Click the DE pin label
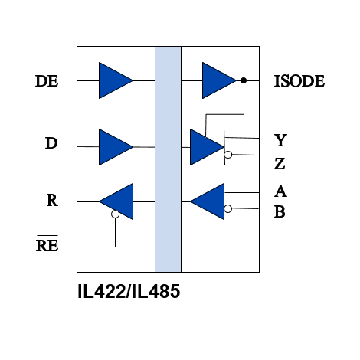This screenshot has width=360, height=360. click(47, 81)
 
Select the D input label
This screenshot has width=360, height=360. click(51, 143)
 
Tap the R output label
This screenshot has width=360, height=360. click(52, 200)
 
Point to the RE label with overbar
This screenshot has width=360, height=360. click(47, 244)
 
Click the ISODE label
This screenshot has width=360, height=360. click(299, 81)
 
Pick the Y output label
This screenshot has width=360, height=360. click(280, 140)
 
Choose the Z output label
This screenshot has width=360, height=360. click(280, 164)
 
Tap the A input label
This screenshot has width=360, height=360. click(280, 191)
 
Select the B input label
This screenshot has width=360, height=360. click(280, 211)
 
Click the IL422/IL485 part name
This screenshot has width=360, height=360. click(129, 291)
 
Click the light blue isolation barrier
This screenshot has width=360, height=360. click(168, 159)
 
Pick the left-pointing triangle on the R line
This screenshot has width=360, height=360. click(116, 201)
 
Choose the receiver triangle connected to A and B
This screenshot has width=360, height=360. click(208, 201)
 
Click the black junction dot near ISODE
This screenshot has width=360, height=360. click(244, 80)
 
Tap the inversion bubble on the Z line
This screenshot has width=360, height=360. click(228, 155)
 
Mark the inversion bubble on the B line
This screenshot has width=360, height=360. click(228, 208)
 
